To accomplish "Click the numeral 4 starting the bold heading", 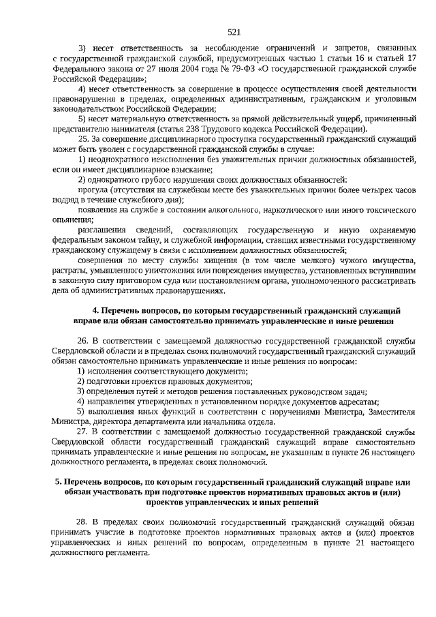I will pyautogui.click(x=95, y=310).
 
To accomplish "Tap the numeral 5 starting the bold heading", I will pyautogui.click(x=58, y=483).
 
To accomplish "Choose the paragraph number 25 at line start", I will pyautogui.click(x=84, y=139).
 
